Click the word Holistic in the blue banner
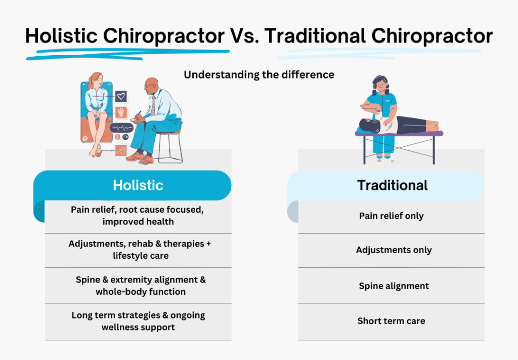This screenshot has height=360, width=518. (138, 185)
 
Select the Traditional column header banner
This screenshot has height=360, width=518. (392, 185)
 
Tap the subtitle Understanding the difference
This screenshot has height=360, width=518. (258, 75)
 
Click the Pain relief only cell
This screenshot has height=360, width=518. (391, 216)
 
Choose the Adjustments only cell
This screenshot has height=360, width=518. (391, 250)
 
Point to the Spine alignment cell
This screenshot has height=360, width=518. (391, 286)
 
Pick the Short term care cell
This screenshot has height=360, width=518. (391, 321)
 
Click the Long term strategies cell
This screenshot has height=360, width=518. (138, 321)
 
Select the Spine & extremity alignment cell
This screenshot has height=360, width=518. (138, 286)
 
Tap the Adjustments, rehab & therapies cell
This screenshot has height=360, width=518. (138, 250)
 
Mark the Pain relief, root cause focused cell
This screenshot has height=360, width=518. (138, 216)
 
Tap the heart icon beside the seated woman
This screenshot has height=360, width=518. (121, 96)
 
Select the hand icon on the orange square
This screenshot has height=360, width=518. (121, 112)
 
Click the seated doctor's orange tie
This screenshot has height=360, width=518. (152, 106)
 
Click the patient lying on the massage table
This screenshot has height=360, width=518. (400, 124)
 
